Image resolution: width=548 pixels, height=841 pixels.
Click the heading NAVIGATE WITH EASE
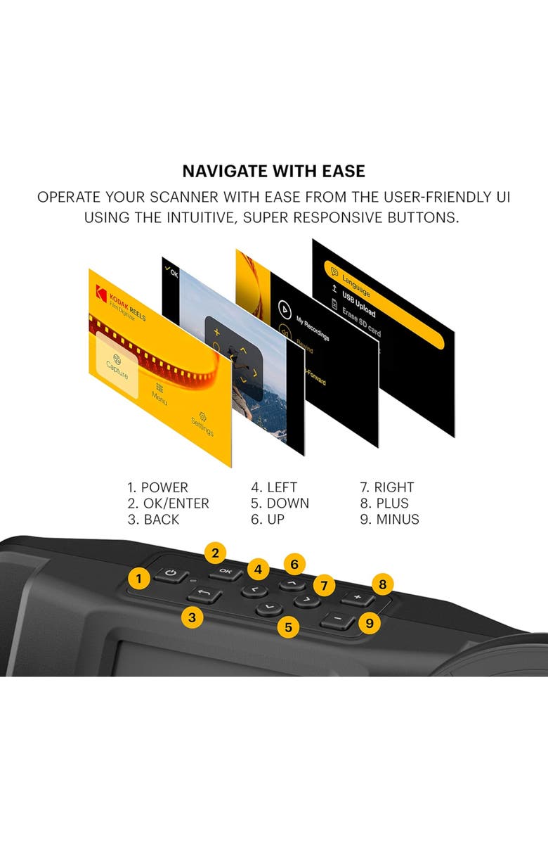[x=273, y=171]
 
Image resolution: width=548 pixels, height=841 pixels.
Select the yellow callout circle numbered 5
[x=287, y=627]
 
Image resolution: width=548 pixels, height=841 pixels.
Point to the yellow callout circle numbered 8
[x=382, y=584]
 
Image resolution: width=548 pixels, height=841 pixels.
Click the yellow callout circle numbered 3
[x=191, y=617]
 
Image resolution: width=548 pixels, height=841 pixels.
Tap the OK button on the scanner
[x=225, y=571]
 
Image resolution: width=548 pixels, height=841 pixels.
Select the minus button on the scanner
[x=338, y=621]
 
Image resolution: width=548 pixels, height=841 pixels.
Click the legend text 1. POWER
[x=157, y=487]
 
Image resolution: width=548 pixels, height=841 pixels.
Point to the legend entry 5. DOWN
[x=280, y=503]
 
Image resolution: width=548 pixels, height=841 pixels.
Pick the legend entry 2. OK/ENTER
[x=168, y=503]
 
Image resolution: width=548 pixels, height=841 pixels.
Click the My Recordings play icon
[x=285, y=310]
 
